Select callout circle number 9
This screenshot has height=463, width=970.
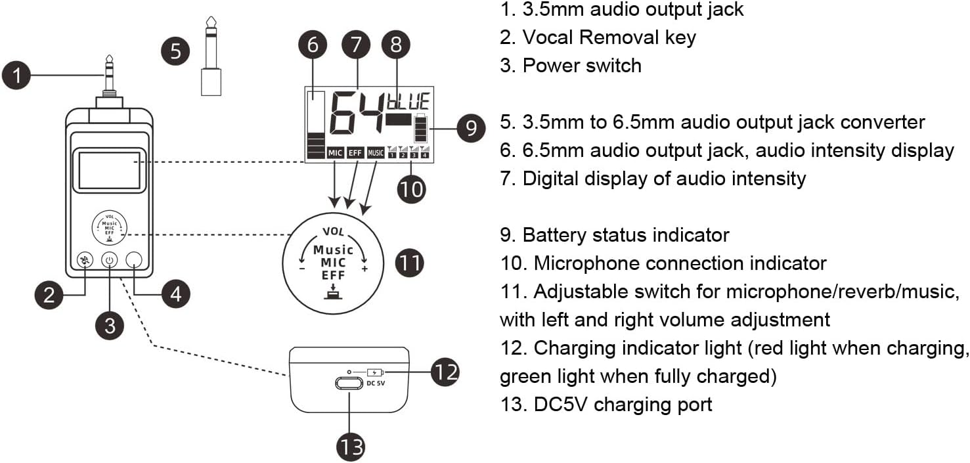pos(471,128)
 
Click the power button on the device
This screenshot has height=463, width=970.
pos(109,261)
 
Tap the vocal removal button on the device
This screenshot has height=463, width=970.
pos(84,261)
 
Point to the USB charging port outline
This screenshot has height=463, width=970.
pos(349,383)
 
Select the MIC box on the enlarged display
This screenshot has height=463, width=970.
pos(335,153)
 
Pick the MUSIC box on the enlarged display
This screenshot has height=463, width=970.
pos(376,153)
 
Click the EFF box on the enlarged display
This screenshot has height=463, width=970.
pos(355,153)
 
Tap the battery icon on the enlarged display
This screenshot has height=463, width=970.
pos(419,129)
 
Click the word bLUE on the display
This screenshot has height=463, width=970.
pos(408,102)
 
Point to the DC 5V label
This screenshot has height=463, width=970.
pos(376,382)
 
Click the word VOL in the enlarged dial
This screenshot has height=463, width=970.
pos(333,232)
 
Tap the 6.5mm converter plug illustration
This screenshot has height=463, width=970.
pos(211,63)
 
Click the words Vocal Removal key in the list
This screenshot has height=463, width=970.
pos(609,37)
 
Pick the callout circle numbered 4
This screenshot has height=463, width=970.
pos(175,293)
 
